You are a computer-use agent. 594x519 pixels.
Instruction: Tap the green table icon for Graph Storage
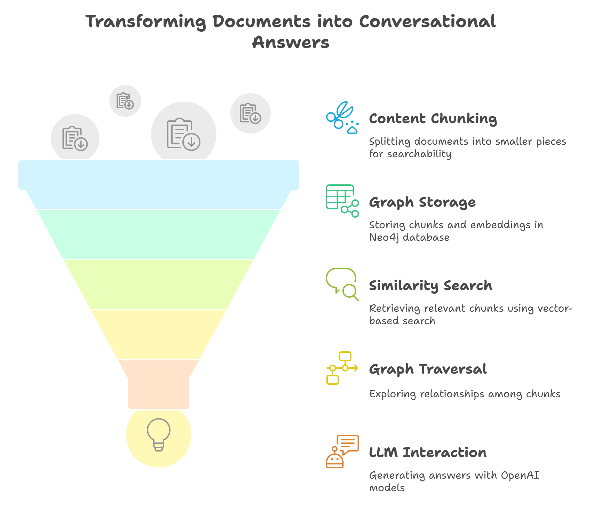click(x=342, y=201)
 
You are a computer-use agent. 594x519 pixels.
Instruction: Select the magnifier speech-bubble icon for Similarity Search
click(x=342, y=284)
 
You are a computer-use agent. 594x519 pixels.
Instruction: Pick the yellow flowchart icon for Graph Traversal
click(x=342, y=368)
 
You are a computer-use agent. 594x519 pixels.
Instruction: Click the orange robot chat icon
click(x=342, y=451)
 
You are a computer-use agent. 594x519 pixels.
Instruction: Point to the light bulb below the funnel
click(x=159, y=434)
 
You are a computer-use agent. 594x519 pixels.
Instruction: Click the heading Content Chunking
click(x=433, y=119)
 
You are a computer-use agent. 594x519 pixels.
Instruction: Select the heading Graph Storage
click(x=422, y=202)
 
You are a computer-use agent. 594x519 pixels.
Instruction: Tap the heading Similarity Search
click(x=430, y=286)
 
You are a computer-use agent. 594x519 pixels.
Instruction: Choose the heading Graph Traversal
click(x=428, y=369)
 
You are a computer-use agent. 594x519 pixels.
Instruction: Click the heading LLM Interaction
click(x=428, y=453)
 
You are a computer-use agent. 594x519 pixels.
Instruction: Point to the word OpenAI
click(x=520, y=475)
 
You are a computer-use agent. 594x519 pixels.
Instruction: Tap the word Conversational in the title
click(x=427, y=22)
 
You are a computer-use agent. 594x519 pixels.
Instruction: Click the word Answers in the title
click(x=291, y=42)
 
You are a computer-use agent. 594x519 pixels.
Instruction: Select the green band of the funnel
click(x=159, y=234)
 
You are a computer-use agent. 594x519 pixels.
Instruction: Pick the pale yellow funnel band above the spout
click(x=159, y=334)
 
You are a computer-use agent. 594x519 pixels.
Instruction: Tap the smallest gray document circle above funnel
click(x=125, y=101)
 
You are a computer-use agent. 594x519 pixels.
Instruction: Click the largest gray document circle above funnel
click(x=184, y=134)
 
